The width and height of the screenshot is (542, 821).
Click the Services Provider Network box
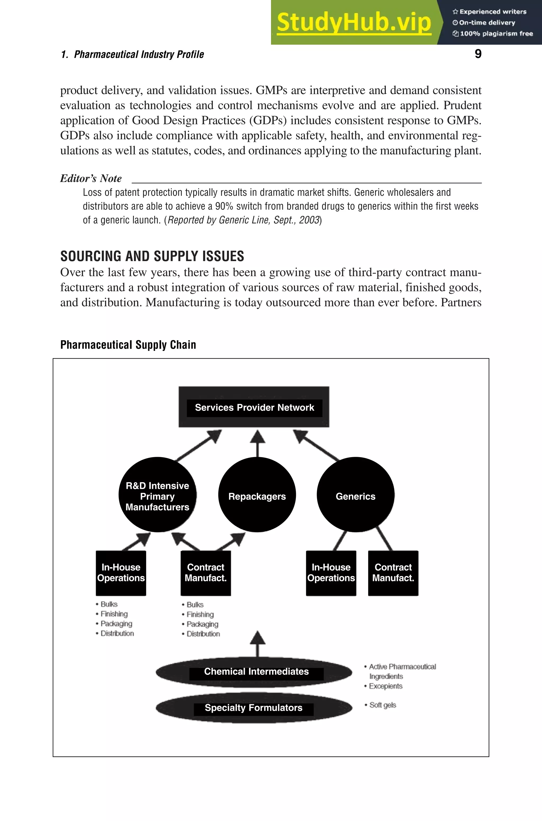point(254,407)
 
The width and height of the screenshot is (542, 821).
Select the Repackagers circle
point(257,496)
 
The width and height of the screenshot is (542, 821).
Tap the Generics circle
point(355,496)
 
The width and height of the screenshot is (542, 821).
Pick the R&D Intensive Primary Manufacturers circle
point(157,496)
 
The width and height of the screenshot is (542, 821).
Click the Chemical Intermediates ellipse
point(254,671)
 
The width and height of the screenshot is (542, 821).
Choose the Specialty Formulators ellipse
point(254,708)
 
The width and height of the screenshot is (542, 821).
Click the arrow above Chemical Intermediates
point(257,644)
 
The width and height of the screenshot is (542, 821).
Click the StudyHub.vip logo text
point(354,23)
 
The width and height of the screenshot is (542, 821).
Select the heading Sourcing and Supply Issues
point(152,256)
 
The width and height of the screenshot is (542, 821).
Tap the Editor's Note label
point(91,179)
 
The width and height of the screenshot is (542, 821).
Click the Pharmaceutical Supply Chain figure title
point(128,345)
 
